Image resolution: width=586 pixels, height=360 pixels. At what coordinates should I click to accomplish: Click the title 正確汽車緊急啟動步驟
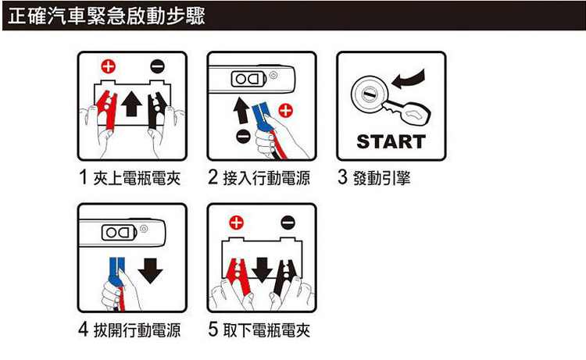pyautogui.click(x=106, y=16)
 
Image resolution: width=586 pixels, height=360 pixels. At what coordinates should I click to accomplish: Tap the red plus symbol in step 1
pyautogui.click(x=109, y=66)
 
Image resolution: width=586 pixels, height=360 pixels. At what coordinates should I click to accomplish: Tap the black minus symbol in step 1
pyautogui.click(x=157, y=66)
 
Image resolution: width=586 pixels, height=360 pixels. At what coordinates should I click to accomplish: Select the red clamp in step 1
pyautogui.click(x=107, y=109)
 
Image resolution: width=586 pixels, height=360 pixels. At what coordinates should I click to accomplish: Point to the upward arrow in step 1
pyautogui.click(x=131, y=103)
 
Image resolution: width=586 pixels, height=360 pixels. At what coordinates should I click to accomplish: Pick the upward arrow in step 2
pyautogui.click(x=241, y=110)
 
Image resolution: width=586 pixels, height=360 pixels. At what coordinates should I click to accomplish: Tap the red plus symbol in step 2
pyautogui.click(x=286, y=111)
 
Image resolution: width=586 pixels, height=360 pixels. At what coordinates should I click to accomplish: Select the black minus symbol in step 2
pyautogui.click(x=243, y=136)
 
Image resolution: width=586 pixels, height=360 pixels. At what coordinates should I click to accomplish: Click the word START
pyautogui.click(x=391, y=142)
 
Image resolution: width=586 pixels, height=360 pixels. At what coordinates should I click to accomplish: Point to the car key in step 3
pyautogui.click(x=406, y=111)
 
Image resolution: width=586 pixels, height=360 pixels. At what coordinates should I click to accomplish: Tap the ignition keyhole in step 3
pyautogui.click(x=370, y=94)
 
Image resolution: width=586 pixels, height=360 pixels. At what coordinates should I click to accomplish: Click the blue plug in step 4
pyautogui.click(x=116, y=271)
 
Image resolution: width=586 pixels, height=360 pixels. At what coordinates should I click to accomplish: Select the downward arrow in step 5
pyautogui.click(x=262, y=269)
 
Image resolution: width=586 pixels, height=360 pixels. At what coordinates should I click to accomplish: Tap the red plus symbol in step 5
pyautogui.click(x=236, y=223)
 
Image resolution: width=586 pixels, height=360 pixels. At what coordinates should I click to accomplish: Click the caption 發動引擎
pyautogui.click(x=381, y=178)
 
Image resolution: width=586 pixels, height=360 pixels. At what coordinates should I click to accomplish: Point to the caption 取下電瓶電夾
pyautogui.click(x=266, y=330)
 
